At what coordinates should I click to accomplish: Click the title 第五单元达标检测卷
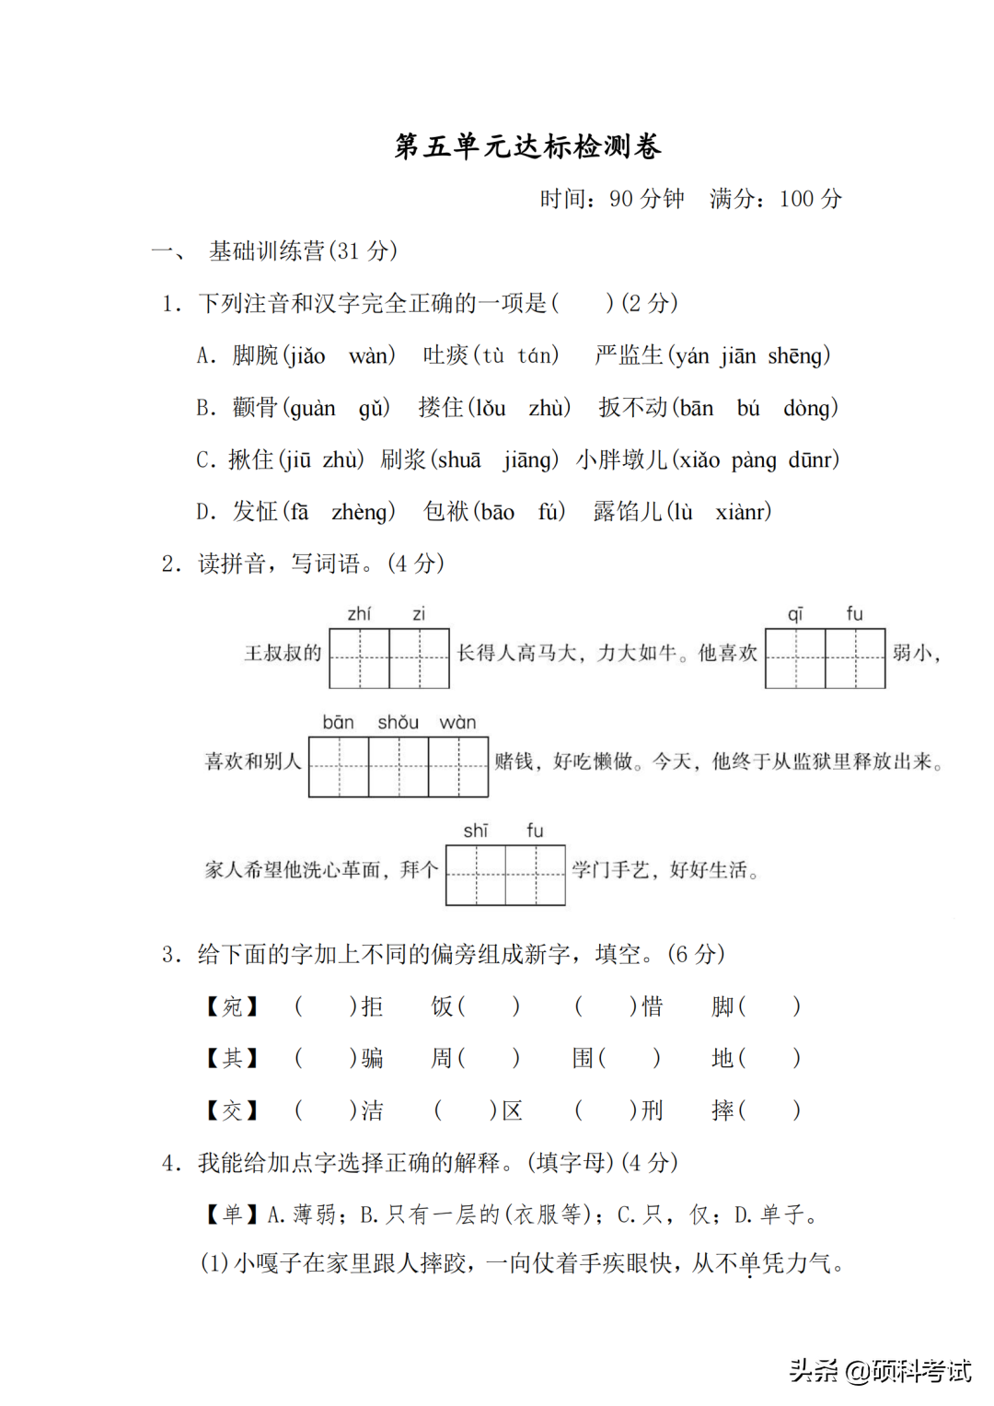pos(527,146)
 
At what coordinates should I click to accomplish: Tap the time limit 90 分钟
pos(646,199)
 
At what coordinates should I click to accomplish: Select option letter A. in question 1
pos(206,356)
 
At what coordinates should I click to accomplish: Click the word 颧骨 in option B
pos(255,408)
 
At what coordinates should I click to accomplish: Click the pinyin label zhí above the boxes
pos(359,614)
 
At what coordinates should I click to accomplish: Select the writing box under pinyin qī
pos(795,658)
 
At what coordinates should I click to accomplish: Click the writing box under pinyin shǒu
pos(399,767)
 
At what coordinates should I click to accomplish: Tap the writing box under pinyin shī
pos(476,876)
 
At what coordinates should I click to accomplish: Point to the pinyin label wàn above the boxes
pos(457,723)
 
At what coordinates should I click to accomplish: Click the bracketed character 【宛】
pos(232,1006)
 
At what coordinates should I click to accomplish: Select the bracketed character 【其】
pos(232,1059)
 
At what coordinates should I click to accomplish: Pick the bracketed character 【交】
pos(232,1110)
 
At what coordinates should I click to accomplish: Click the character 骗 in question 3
pos(372,1059)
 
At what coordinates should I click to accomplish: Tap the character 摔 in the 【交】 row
pos(722,1110)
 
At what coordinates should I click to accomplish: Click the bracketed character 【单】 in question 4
pos(232,1215)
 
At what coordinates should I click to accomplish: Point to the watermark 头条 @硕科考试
pos(880,1371)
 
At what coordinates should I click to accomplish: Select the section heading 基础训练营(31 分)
pos(303,251)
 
